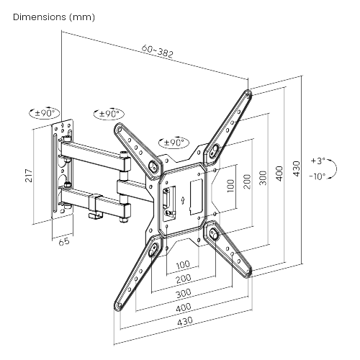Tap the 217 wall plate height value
[x=28, y=175]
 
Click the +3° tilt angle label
[x=318, y=161]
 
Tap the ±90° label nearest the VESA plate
[x=175, y=142]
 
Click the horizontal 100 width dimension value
[x=183, y=264]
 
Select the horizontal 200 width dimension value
[x=183, y=278]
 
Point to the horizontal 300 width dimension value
[x=183, y=294]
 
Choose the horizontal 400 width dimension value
[x=183, y=309]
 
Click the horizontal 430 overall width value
[x=183, y=323]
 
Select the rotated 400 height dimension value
[x=280, y=176]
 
